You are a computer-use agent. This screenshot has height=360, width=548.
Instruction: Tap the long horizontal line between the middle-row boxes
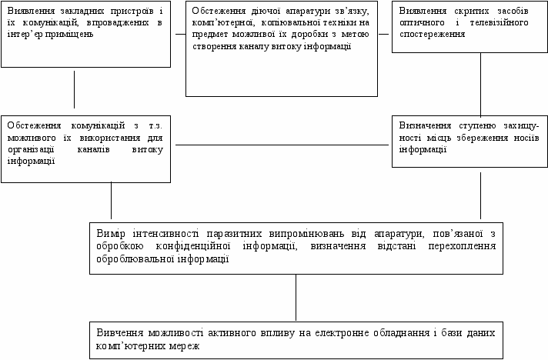(x=282, y=144)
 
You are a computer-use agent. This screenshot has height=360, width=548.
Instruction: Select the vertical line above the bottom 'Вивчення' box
(x=296, y=297)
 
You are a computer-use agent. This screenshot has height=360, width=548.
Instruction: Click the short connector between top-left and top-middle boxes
(x=178, y=35)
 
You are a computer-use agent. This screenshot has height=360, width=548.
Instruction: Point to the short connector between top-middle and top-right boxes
(x=385, y=35)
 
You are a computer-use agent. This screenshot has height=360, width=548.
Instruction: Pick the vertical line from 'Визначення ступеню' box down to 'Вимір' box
(x=481, y=197)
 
